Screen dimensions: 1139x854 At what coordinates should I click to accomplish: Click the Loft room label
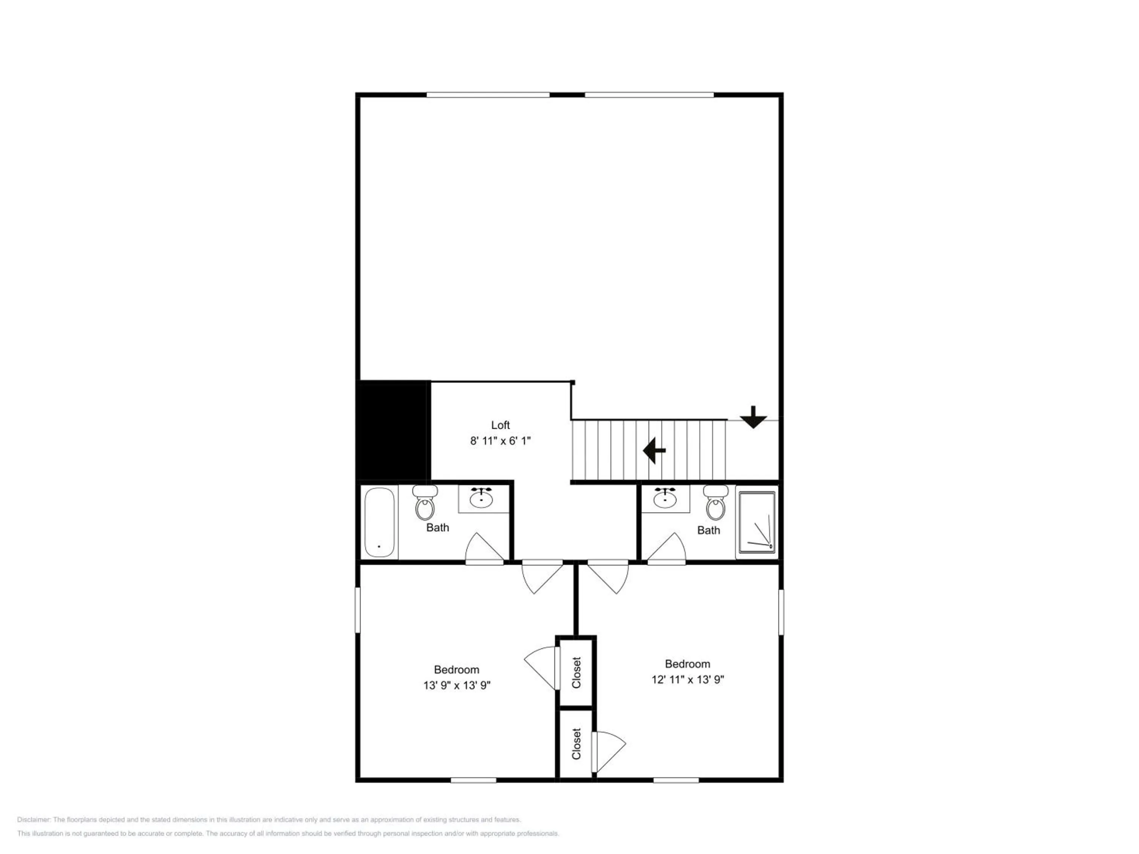click(x=500, y=425)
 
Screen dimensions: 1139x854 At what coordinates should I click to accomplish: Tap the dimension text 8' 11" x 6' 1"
click(x=500, y=441)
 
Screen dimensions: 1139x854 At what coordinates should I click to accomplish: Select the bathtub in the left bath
click(x=380, y=522)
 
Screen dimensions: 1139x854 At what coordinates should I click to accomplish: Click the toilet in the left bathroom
click(x=425, y=503)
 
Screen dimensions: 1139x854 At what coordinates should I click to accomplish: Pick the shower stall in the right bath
click(x=756, y=522)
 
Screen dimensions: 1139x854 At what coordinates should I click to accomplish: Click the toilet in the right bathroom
click(x=716, y=503)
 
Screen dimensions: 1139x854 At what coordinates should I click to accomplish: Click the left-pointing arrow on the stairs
click(x=654, y=451)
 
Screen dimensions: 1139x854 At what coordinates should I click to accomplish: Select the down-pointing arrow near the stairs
click(x=753, y=417)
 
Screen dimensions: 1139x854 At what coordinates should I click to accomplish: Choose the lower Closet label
click(x=576, y=743)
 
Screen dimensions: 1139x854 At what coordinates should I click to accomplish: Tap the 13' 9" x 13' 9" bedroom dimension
click(x=457, y=685)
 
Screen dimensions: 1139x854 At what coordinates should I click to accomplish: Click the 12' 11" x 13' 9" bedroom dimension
click(x=688, y=679)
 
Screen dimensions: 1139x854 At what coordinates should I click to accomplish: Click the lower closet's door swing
click(x=608, y=752)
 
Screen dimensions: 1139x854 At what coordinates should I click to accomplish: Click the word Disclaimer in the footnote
click(x=33, y=819)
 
